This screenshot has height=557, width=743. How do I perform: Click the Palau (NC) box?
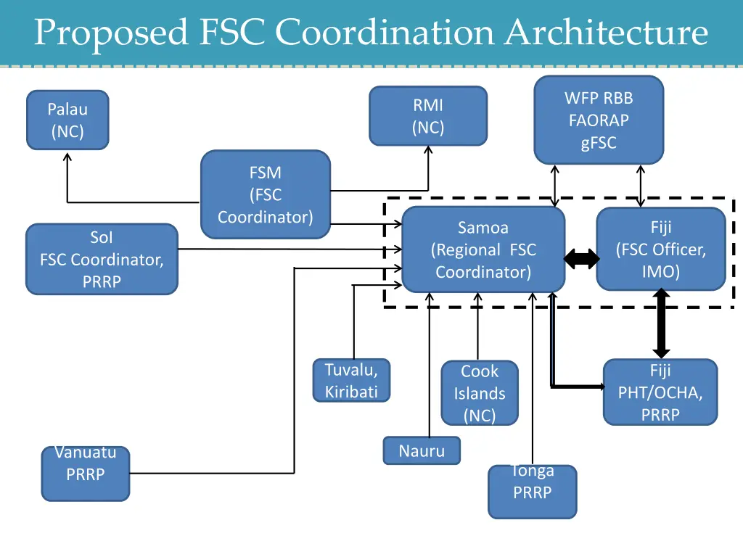[x=67, y=120]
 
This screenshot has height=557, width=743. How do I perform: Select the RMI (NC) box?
[x=428, y=116]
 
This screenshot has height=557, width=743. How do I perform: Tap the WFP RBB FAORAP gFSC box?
[x=599, y=120]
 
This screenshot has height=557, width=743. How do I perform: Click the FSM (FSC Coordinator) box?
[x=265, y=194]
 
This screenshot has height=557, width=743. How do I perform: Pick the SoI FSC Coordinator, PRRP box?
[x=102, y=259]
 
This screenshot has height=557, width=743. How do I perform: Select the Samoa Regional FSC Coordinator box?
[x=483, y=249]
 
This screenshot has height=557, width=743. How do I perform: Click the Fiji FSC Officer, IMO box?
[x=661, y=249]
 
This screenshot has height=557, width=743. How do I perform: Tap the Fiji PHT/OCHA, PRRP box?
[x=660, y=392]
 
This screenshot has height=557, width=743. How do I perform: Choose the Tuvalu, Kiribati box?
[x=351, y=381]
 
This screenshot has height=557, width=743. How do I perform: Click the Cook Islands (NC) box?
[x=480, y=392]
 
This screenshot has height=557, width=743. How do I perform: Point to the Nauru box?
[x=422, y=450]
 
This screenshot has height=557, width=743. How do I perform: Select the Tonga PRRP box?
[x=533, y=491]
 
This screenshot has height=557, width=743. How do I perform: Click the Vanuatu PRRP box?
[x=86, y=474]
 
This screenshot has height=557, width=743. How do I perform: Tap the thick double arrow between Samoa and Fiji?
[x=581, y=258]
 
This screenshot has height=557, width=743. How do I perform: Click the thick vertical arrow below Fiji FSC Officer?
[x=661, y=324]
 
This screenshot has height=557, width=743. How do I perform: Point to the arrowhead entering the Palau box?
[x=67, y=155]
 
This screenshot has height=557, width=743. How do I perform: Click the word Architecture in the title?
[x=606, y=33]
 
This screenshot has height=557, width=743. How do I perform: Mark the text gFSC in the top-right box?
[x=599, y=143]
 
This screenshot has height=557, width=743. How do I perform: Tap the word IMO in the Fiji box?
[x=661, y=272]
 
